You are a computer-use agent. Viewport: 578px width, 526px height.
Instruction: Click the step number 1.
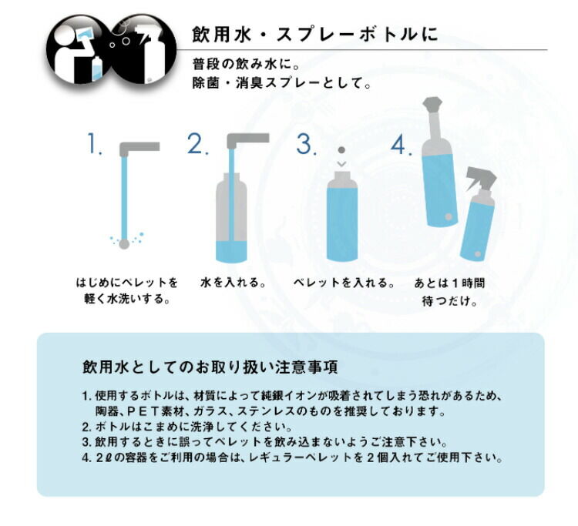coord(94,143)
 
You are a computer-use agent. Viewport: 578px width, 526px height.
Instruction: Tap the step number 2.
coord(198,143)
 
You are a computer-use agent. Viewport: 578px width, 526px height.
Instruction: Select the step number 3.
coord(306,143)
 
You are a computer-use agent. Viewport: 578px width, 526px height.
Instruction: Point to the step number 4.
coord(402,144)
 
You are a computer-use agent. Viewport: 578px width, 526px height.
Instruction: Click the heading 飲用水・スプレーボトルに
coord(315,34)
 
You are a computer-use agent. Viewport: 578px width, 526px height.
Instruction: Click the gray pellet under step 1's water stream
coord(124,244)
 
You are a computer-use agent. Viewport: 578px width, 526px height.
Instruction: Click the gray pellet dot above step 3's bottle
coord(341,150)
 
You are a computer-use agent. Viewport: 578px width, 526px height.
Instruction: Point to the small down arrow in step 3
coord(341,163)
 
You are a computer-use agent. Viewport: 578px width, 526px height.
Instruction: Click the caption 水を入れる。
coord(234,283)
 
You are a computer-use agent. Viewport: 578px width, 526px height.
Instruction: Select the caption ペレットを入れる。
coord(344,283)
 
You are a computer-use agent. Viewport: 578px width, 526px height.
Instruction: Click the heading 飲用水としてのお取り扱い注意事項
coord(210,367)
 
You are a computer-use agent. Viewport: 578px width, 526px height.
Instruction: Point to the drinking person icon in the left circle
coord(76,52)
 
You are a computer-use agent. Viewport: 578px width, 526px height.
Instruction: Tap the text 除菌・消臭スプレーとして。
coord(281,83)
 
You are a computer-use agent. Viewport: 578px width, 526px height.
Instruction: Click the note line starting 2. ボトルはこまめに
coord(187,427)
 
